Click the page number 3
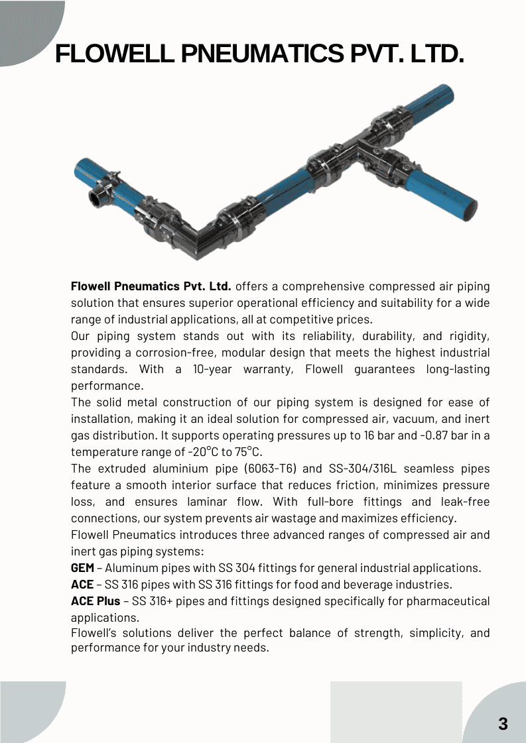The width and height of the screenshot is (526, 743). point(503,724)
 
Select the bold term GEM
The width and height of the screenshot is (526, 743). point(82,568)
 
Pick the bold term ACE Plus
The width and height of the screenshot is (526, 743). point(96,601)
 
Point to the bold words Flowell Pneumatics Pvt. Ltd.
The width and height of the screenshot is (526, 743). point(151,286)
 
